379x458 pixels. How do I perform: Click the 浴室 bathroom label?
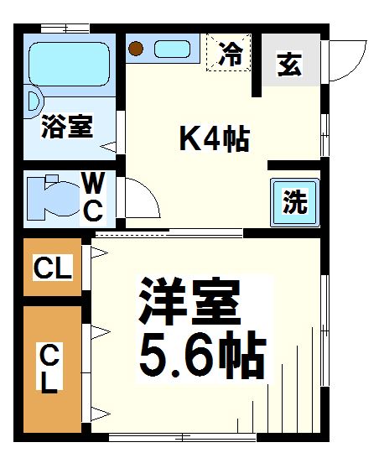(x=68, y=128)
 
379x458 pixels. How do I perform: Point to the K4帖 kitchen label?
(x=215, y=138)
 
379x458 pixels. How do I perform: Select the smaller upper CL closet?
(x=52, y=268)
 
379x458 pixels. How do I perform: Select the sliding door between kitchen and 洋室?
(x=168, y=232)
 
